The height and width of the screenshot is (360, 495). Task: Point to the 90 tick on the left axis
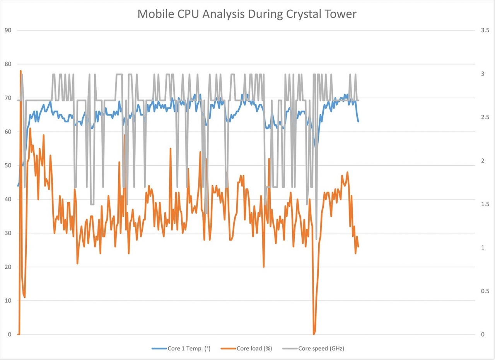(8, 30)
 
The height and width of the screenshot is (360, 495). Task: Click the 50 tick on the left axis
(8, 166)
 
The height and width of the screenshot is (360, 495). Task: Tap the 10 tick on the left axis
(8, 301)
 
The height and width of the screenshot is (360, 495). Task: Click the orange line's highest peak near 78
(20, 71)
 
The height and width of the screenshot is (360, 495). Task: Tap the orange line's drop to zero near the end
(314, 334)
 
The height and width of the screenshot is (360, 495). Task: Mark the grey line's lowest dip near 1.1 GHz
(316, 239)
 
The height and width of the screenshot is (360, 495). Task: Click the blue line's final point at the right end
(358, 121)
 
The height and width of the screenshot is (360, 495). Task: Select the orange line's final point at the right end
(358, 247)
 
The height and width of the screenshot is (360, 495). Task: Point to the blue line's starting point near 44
(18, 185)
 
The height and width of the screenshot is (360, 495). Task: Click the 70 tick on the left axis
(8, 98)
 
